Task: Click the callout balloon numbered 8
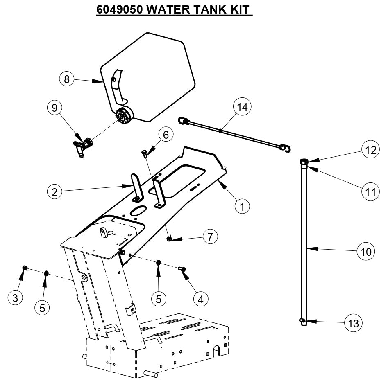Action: point(67,79)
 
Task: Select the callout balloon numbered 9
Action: point(54,108)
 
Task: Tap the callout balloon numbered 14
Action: point(242,107)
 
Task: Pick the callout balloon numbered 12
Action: point(370,150)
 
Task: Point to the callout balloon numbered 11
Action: point(370,191)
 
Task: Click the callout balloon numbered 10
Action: point(365,251)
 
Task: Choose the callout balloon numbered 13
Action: point(353,323)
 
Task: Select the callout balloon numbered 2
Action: point(55,191)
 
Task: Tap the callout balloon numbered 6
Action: point(166,135)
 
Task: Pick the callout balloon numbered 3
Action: point(16,298)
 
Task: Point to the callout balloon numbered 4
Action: point(200,299)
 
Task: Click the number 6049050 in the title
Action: point(119,9)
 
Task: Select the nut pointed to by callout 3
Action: point(25,268)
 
